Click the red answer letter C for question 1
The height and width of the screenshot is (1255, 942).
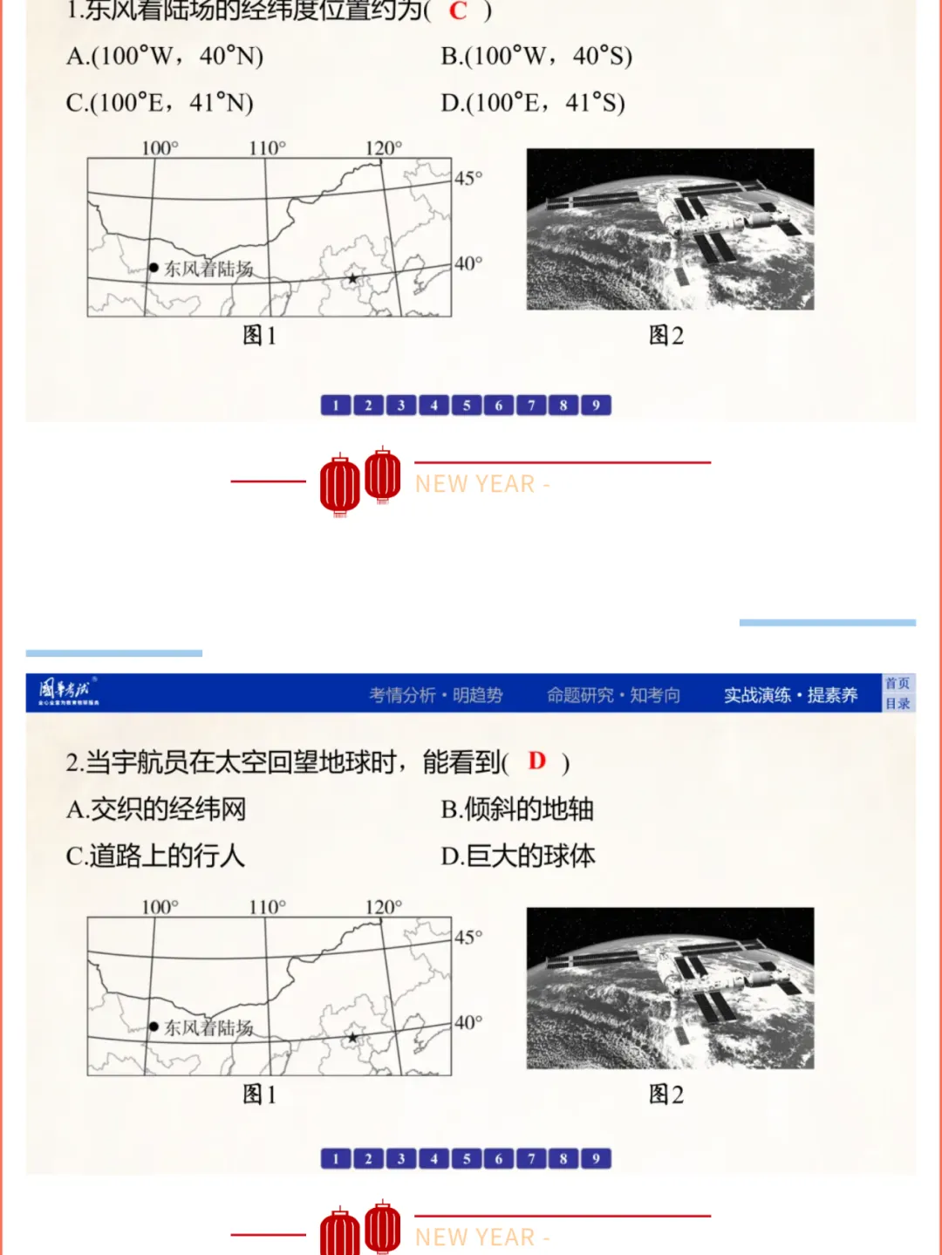point(458,11)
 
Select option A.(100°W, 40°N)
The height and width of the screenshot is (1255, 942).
point(165,57)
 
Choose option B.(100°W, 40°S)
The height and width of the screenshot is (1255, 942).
point(536,57)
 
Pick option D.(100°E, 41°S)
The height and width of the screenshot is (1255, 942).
point(533,104)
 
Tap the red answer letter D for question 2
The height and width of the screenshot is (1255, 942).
point(537,761)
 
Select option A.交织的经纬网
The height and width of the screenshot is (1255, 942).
point(156,809)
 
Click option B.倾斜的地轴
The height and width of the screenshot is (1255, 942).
point(517,809)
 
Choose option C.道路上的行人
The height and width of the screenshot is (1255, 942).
point(155,856)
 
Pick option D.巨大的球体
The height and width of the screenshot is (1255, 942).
point(518,856)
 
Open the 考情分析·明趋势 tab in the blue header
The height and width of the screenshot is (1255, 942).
point(436,695)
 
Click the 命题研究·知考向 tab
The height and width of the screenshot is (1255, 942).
point(613,695)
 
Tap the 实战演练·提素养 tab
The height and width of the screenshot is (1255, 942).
point(790,695)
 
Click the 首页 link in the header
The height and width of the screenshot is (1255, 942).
point(898,684)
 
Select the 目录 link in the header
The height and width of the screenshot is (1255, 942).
point(898,704)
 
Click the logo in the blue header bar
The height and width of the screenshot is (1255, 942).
point(68,692)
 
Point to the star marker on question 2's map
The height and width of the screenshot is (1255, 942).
point(352,1038)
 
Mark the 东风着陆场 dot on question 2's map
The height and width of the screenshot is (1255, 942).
point(154,1027)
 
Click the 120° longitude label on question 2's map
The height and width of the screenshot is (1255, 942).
point(384,907)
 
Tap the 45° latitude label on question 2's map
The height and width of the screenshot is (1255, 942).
point(468,938)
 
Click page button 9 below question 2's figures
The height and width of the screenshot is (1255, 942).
point(596,1159)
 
